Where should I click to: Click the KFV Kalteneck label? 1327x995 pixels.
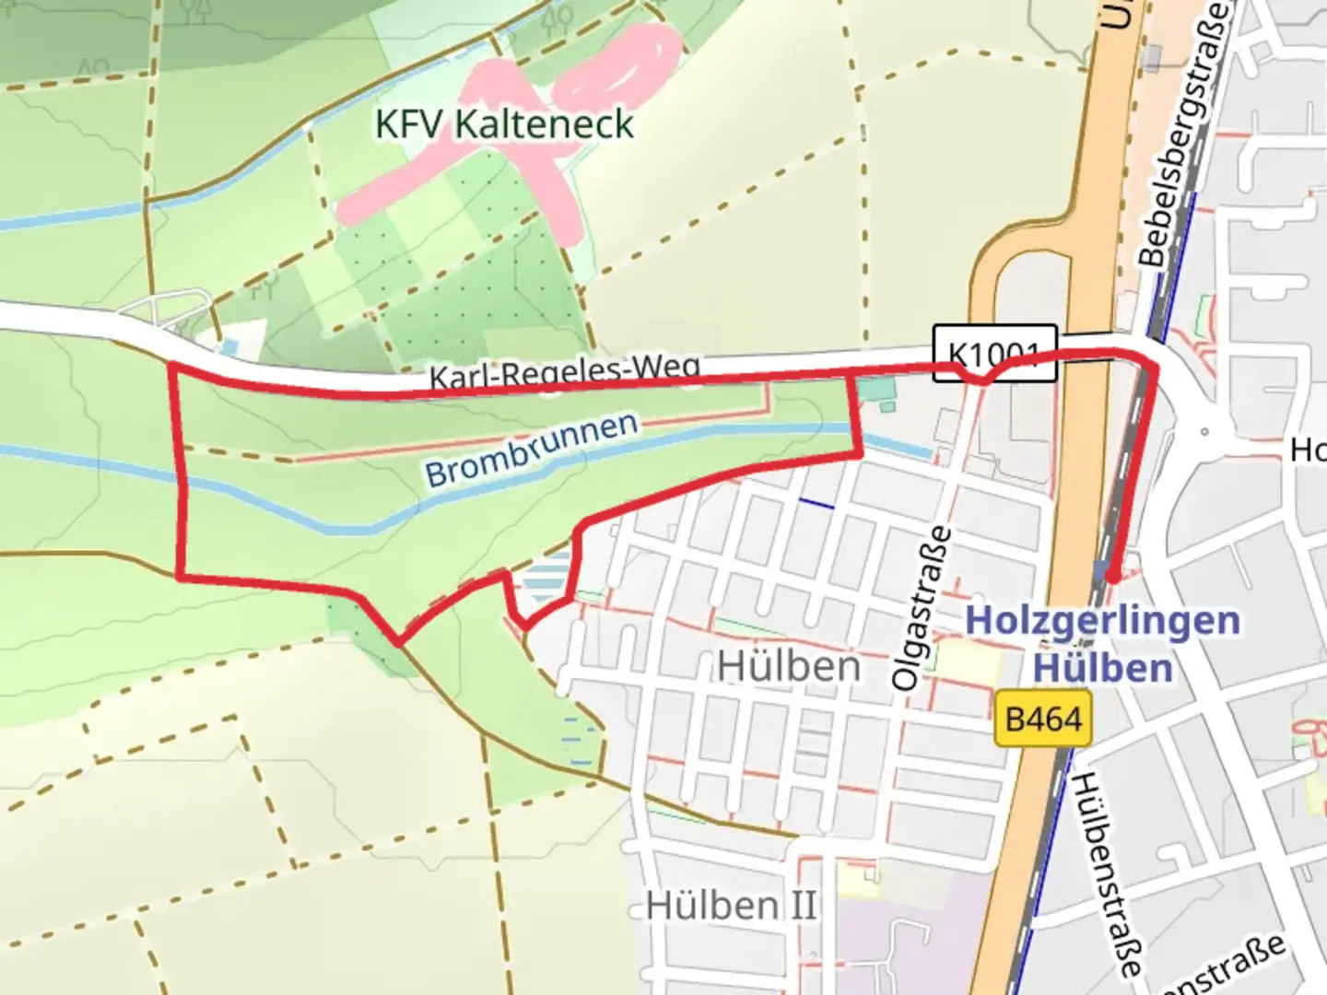tap(504, 123)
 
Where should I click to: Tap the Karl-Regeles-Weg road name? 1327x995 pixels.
tap(564, 371)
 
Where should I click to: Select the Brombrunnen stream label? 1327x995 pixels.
tap(532, 449)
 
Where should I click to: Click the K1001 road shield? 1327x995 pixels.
tap(994, 352)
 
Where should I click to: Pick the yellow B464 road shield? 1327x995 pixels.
tap(1043, 719)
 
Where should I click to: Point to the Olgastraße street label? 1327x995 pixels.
tap(921, 607)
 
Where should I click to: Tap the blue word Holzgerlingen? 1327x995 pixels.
tap(1102, 620)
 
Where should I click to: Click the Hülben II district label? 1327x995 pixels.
tap(731, 905)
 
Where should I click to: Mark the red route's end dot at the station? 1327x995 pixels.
tap(1112, 577)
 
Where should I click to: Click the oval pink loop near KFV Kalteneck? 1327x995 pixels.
tap(621, 68)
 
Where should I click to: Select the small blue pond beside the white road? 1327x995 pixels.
tap(229, 347)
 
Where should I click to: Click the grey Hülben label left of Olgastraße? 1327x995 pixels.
tap(789, 666)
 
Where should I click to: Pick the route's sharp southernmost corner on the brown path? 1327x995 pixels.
tap(398, 642)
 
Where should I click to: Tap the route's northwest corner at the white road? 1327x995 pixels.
tap(171, 367)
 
